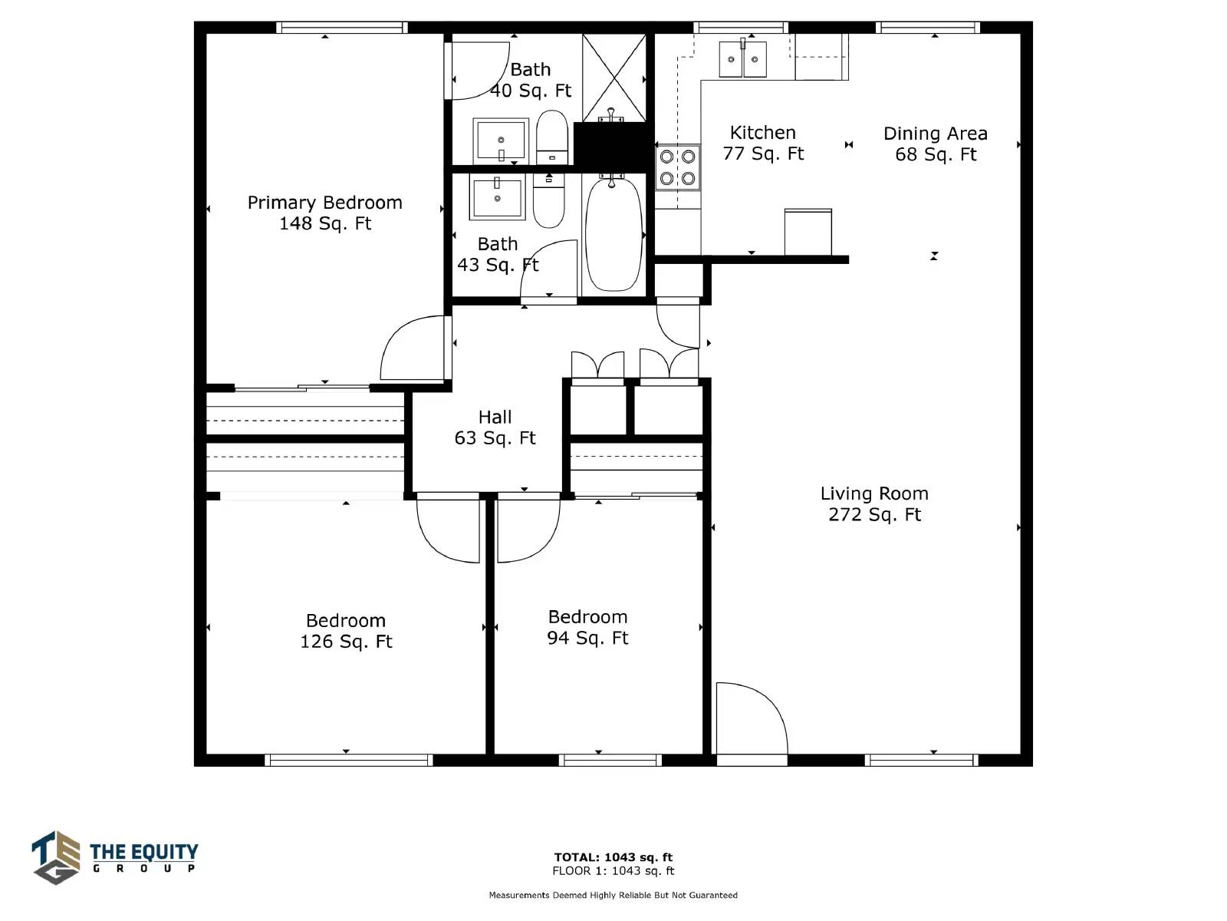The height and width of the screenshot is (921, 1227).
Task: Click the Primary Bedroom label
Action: click(x=325, y=213)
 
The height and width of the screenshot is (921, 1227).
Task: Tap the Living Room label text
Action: click(x=874, y=503)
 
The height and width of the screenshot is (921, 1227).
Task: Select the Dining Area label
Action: click(x=935, y=144)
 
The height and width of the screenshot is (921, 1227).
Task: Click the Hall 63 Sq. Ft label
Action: click(x=495, y=427)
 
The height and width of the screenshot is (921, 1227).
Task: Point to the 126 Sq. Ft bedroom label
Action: click(x=346, y=631)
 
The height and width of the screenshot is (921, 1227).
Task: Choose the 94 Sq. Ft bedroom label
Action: click(x=587, y=627)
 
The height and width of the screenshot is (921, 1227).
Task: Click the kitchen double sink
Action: click(x=742, y=59)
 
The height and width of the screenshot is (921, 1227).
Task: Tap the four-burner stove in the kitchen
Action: click(x=677, y=167)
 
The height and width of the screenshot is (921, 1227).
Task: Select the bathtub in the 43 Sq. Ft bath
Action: click(x=613, y=234)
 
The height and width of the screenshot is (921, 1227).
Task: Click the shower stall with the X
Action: click(x=613, y=78)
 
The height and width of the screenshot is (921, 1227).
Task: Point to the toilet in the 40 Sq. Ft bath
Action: click(x=551, y=137)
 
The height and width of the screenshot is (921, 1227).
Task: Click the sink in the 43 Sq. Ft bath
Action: click(x=497, y=196)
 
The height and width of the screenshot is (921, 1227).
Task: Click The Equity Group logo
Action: click(x=114, y=858)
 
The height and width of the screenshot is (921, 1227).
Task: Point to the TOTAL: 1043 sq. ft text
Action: click(x=613, y=857)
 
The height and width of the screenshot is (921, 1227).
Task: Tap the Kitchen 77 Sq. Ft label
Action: click(x=763, y=144)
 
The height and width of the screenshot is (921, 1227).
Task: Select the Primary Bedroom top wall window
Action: click(x=341, y=28)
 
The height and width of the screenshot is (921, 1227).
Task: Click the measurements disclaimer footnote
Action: click(x=613, y=895)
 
